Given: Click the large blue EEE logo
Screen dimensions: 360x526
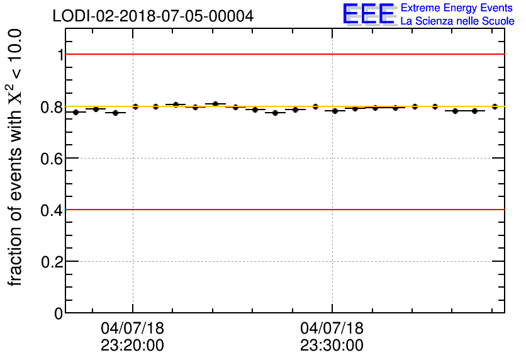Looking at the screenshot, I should coord(369,14).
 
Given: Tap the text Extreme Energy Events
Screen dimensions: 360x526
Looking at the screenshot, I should coord(457,8).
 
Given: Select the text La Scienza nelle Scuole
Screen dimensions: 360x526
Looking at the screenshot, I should coord(457,21).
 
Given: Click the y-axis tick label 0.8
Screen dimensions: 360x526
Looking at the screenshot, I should coord(52,107).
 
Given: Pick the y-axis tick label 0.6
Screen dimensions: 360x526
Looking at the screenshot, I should coord(52,159).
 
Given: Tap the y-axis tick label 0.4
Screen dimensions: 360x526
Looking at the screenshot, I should coord(52,210).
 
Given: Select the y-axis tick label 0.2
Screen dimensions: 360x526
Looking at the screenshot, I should coord(52,262).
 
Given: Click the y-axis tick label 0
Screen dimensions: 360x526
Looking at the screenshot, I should coord(59,313).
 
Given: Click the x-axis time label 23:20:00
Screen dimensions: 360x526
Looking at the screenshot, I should coord(132,346).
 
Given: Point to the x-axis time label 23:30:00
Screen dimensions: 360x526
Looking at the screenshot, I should coord(332,346).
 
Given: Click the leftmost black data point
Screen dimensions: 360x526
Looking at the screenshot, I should coord(76,112).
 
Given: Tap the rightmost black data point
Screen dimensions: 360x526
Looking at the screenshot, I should coord(495,106).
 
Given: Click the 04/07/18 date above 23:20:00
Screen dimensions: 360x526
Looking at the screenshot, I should coord(132,329).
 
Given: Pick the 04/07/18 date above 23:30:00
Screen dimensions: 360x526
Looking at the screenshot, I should coord(332,329).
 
